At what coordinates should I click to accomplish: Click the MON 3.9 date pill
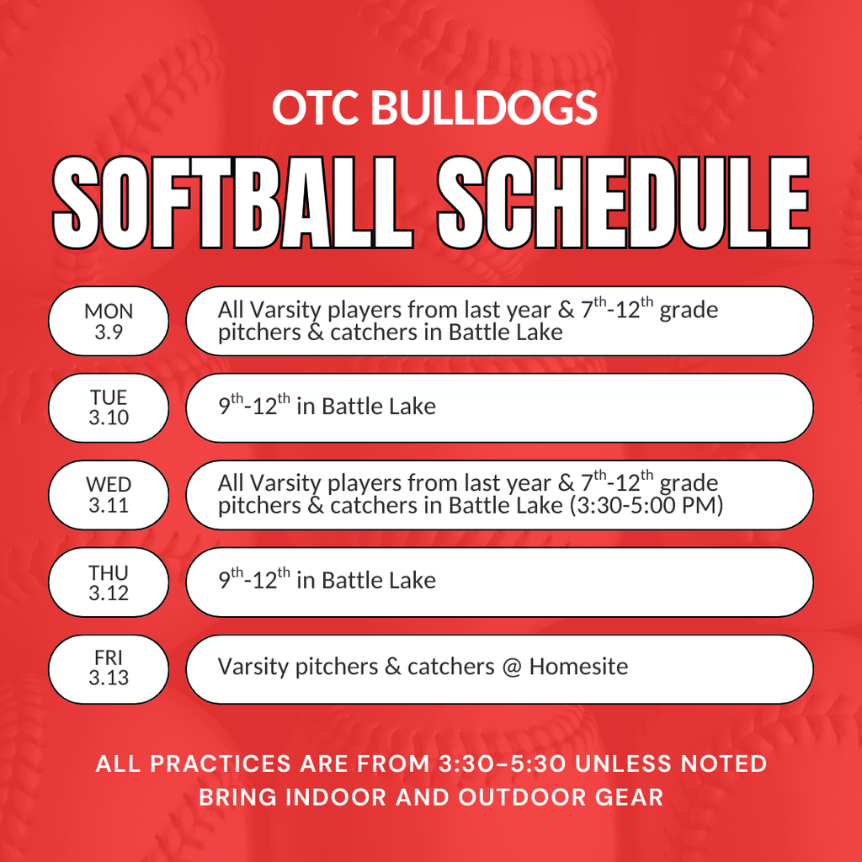click(109, 321)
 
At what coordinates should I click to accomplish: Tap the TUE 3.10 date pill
click(109, 407)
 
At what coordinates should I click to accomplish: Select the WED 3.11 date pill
click(109, 495)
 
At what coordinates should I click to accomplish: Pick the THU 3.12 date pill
click(109, 583)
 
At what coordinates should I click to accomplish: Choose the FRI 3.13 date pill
click(109, 669)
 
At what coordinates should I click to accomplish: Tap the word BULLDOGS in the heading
click(483, 109)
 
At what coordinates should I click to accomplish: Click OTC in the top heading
click(317, 109)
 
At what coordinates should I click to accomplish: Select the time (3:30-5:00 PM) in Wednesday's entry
click(646, 506)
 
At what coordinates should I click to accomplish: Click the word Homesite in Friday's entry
click(578, 667)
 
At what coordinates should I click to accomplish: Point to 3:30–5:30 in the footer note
click(504, 764)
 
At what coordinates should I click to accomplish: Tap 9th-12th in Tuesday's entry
click(253, 406)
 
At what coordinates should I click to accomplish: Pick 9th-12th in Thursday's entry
click(253, 579)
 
